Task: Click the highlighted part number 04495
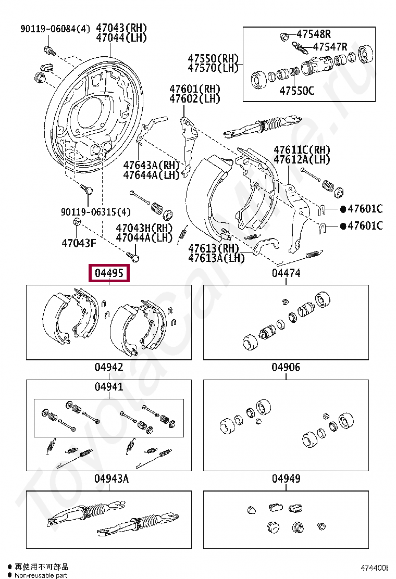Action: (x=109, y=273)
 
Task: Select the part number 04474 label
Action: (x=286, y=273)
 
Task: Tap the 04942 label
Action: (x=109, y=368)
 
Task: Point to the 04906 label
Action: (x=286, y=368)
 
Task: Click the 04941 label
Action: (x=109, y=387)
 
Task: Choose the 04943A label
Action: (x=111, y=479)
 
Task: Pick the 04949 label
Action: (x=286, y=479)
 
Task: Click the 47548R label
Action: (x=314, y=34)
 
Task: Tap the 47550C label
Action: (x=296, y=91)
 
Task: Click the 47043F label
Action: (x=79, y=243)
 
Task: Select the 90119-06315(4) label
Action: (x=96, y=212)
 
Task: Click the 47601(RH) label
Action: (x=194, y=89)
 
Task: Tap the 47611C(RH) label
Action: (x=302, y=150)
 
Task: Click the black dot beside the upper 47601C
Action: (x=343, y=209)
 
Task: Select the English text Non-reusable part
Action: (x=41, y=575)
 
